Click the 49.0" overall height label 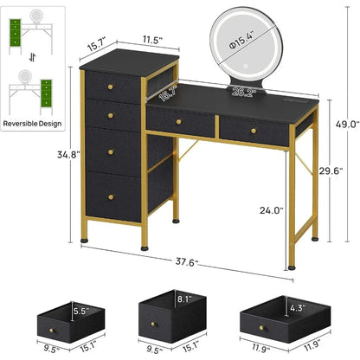click(x=347, y=125)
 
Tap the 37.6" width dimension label click(x=187, y=262)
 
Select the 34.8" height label click(x=68, y=155)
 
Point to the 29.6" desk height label click(x=331, y=170)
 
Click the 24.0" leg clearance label click(x=272, y=210)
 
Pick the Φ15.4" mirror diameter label click(x=241, y=40)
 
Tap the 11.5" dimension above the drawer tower click(x=152, y=40)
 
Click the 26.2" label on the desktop click(x=244, y=92)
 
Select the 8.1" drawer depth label click(x=184, y=299)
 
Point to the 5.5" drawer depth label click(x=81, y=311)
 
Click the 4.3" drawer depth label click(x=298, y=308)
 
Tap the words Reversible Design click(x=32, y=124)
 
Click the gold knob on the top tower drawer click(x=110, y=87)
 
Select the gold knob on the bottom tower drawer click(x=111, y=197)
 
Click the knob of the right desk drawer click(x=254, y=131)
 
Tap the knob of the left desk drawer click(x=178, y=122)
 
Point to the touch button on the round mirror click(x=246, y=66)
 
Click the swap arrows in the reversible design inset click(x=32, y=58)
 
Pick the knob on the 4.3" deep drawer click(x=261, y=328)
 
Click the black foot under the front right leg click(x=292, y=268)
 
